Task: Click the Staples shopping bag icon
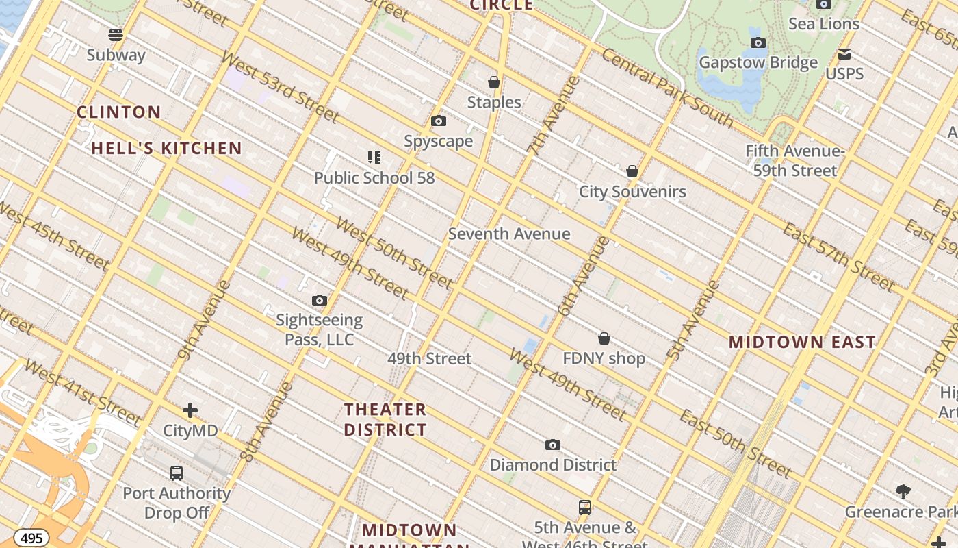click(494, 82)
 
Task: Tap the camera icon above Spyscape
click(439, 121)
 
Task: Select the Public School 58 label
click(374, 178)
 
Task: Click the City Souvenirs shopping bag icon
click(632, 171)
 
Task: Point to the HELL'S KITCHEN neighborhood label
click(167, 148)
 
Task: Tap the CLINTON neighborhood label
click(119, 112)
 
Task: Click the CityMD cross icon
click(190, 411)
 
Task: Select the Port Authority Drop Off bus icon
click(177, 473)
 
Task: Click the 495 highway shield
click(31, 538)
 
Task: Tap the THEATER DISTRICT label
click(385, 420)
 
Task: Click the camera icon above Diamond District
click(553, 445)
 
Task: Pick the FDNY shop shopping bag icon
click(604, 338)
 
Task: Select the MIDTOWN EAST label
click(802, 342)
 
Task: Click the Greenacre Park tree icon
click(903, 492)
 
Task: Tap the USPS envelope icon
click(845, 54)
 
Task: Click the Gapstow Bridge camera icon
click(758, 43)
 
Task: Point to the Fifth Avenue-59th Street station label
click(795, 161)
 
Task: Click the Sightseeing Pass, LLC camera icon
click(320, 301)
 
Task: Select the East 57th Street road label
click(839, 256)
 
